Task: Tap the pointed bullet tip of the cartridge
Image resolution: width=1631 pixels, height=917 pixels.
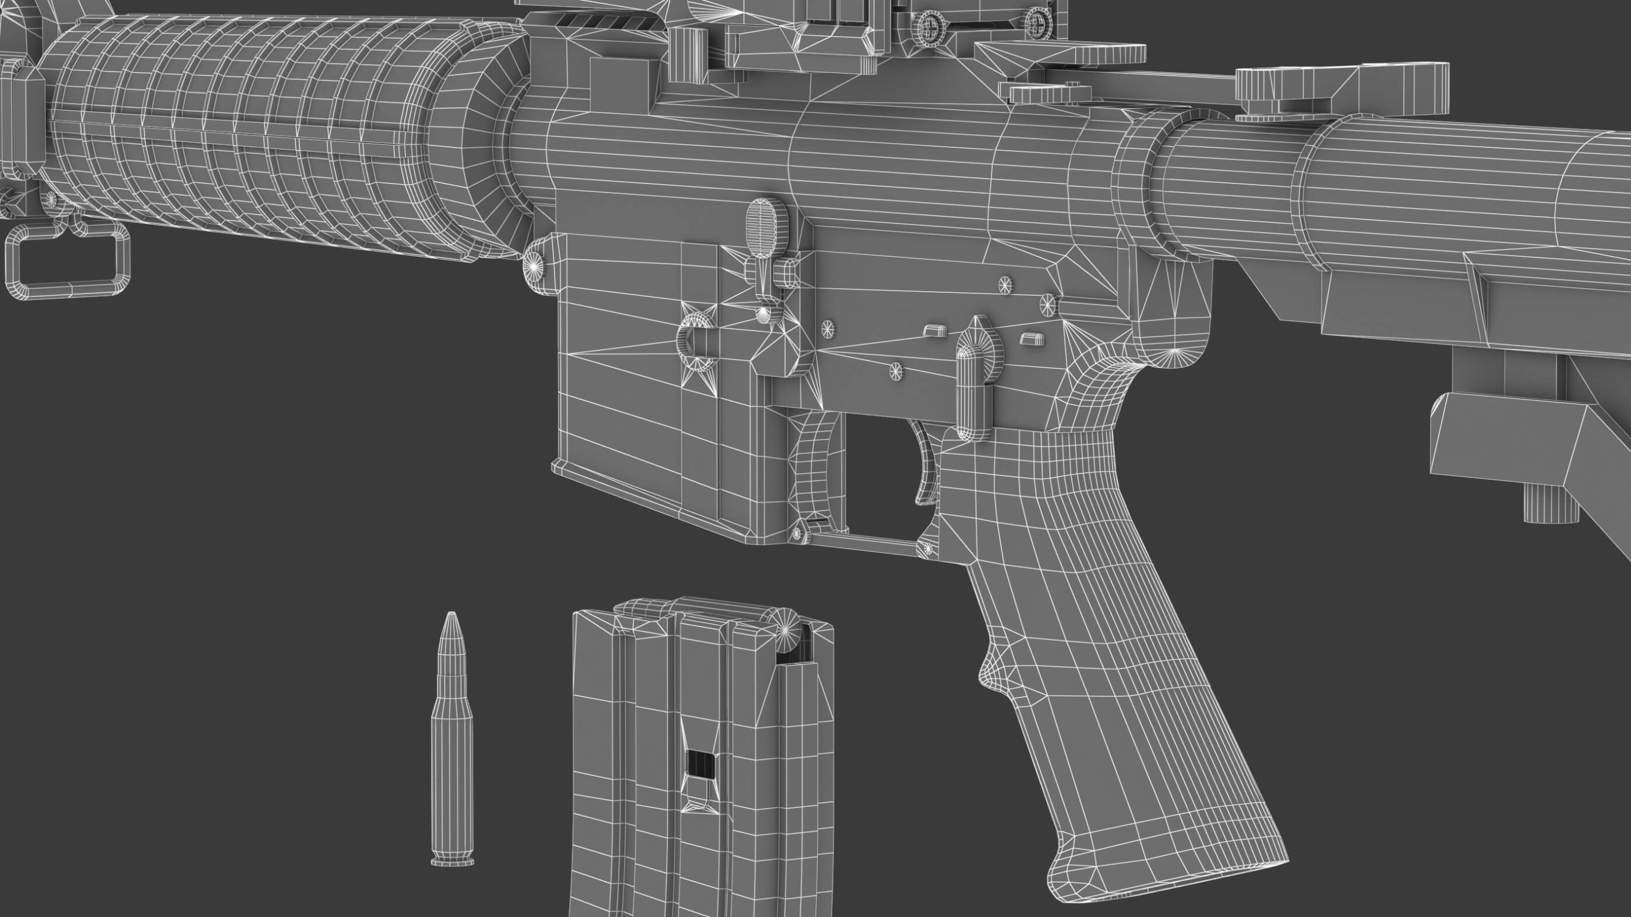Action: point(451,624)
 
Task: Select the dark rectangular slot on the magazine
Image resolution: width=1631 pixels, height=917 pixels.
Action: point(701,772)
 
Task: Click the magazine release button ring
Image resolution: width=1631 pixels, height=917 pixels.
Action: point(697,345)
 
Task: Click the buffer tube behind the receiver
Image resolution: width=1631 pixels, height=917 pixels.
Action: point(1361,190)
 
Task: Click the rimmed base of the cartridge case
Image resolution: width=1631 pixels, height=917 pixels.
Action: point(451,860)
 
